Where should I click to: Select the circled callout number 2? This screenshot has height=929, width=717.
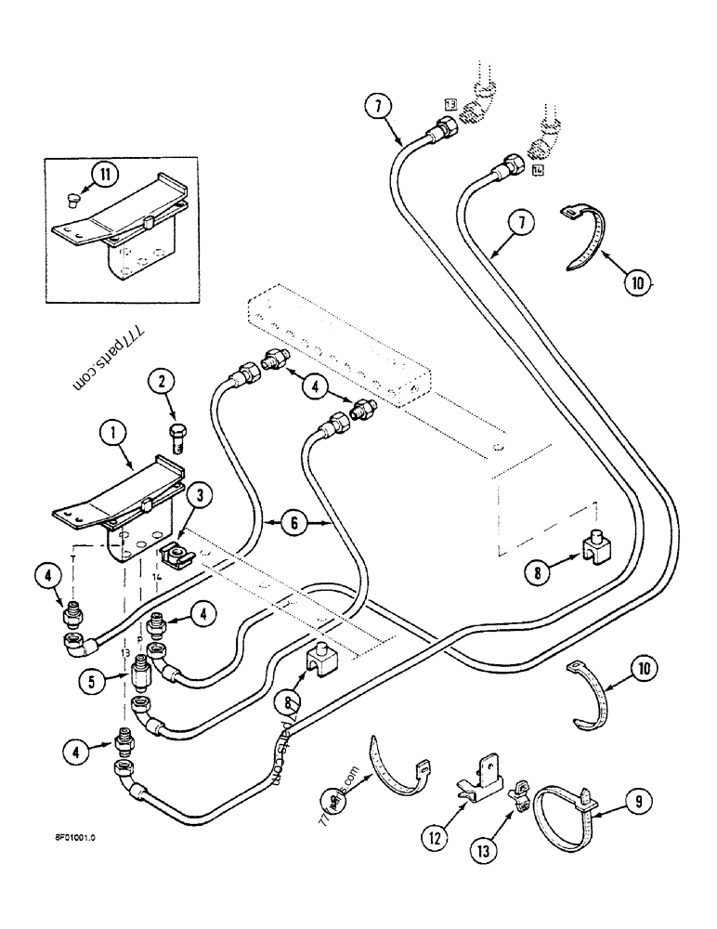pyautogui.click(x=162, y=380)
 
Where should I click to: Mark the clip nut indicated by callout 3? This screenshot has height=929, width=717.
pyautogui.click(x=175, y=556)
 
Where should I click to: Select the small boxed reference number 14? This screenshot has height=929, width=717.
pyautogui.click(x=538, y=169)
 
